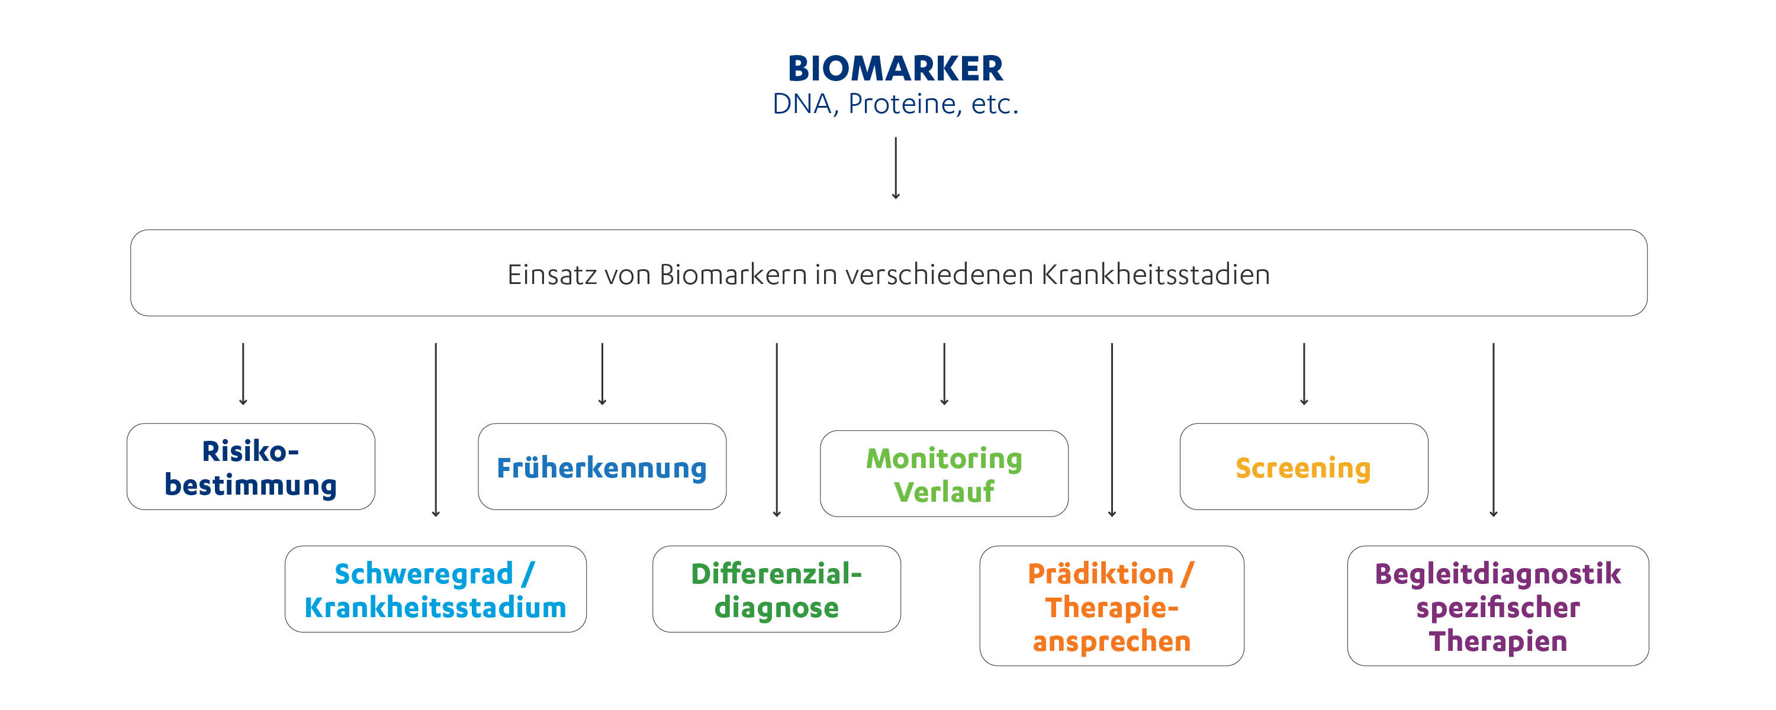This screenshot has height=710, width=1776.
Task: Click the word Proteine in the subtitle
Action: pos(904,104)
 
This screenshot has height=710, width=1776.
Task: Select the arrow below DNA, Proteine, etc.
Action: pos(896,167)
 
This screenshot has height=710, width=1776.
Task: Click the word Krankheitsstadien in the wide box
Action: pos(1155,275)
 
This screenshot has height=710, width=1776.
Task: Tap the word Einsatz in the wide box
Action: pos(552,275)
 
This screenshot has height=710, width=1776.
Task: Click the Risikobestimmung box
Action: pos(250,467)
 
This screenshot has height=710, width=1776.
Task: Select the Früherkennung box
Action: pos(601,467)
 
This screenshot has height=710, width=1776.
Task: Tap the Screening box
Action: pos(1303,467)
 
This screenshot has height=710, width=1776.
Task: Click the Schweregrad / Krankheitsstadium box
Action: pos(435,590)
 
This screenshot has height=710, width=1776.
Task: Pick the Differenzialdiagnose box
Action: pos(776,590)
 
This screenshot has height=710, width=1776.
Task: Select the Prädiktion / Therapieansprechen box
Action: pos(1111,606)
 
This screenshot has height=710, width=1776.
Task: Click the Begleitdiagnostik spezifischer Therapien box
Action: pos(1498,606)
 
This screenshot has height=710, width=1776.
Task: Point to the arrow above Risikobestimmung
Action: pos(243,373)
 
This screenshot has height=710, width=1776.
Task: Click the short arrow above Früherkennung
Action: pos(602,373)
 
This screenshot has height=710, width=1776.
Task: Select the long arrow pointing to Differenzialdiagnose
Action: pos(776,429)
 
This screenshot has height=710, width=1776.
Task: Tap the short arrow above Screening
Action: pos(1304,373)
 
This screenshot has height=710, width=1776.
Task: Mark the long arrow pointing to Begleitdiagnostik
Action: pos(1494,429)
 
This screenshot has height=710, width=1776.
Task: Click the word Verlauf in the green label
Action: pos(943,492)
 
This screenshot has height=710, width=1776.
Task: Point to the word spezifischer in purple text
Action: pos(1498,607)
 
